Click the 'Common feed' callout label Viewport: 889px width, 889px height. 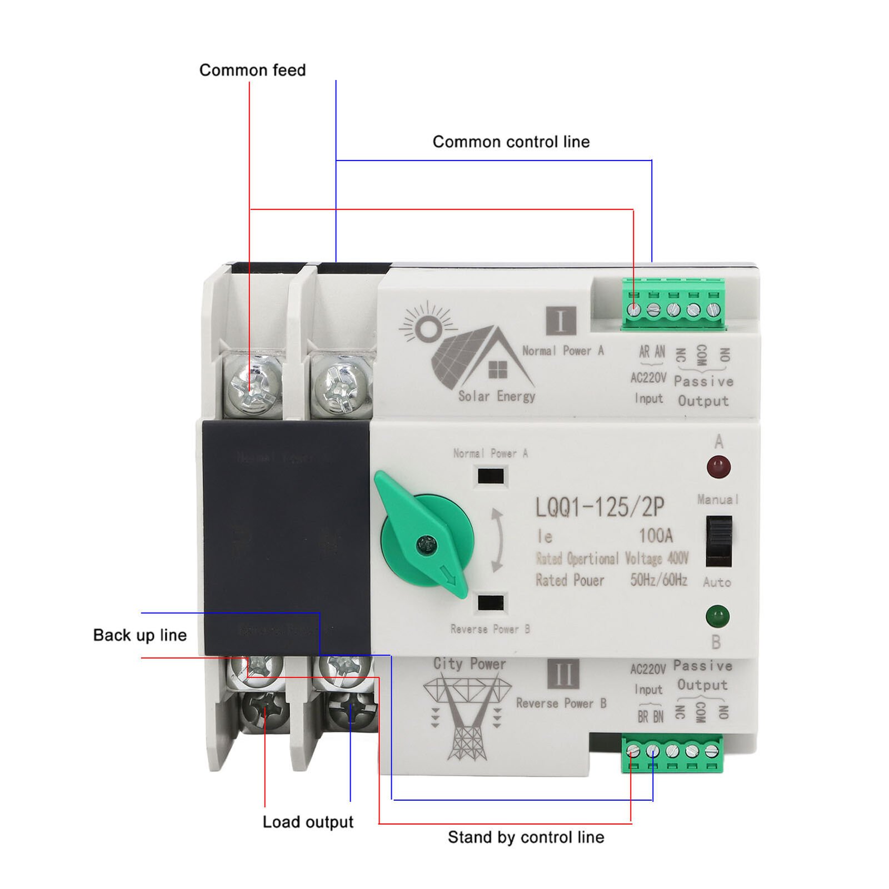click(x=252, y=71)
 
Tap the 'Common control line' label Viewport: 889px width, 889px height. click(x=511, y=142)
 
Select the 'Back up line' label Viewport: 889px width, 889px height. click(x=139, y=635)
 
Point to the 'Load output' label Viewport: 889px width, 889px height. click(x=308, y=822)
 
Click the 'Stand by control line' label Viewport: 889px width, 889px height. click(x=526, y=837)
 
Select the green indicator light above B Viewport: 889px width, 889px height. click(x=717, y=616)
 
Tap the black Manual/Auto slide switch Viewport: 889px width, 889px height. click(x=718, y=541)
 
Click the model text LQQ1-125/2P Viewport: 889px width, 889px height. click(x=600, y=507)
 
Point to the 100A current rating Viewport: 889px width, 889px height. click(x=656, y=536)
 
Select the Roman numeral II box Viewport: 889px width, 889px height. click(x=563, y=673)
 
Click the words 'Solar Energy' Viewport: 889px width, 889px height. click(x=496, y=396)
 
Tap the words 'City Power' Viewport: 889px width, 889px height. click(x=470, y=664)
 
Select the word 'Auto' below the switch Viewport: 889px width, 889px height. click(x=717, y=582)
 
